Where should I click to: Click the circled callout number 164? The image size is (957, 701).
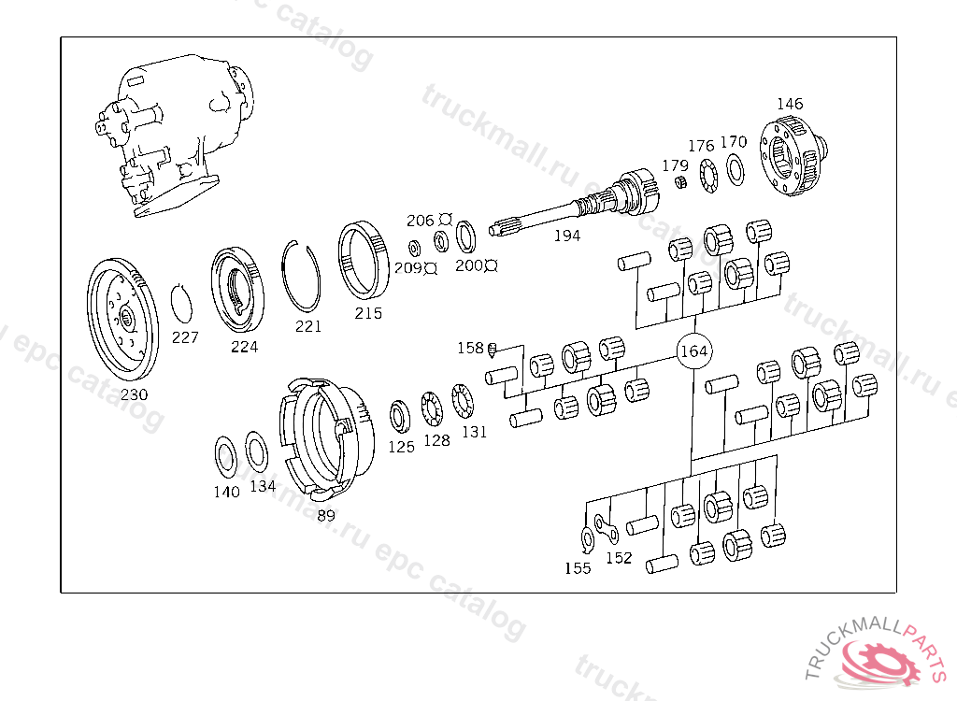coord(693,351)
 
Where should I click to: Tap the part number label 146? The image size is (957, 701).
coord(790,104)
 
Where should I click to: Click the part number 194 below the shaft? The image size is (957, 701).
coord(566,236)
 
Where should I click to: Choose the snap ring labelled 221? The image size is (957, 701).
coord(302,275)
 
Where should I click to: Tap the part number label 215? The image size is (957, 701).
coord(368,313)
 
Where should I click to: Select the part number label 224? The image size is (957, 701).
coord(245,347)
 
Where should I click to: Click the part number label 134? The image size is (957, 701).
coord(263,486)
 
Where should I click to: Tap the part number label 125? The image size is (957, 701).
coord(401,447)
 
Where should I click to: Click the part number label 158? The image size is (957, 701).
coord(470,348)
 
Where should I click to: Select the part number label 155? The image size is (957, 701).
coord(578,567)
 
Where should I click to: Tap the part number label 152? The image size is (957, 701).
coord(619,558)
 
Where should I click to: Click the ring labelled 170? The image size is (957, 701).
coord(736,168)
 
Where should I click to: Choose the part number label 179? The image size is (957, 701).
coord(675,165)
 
